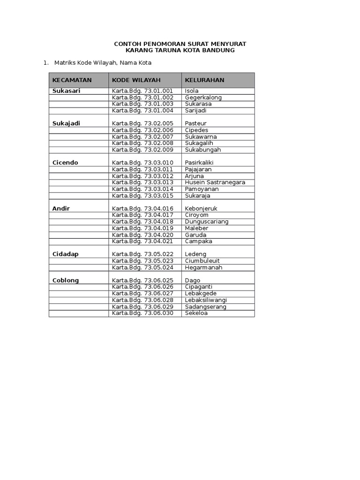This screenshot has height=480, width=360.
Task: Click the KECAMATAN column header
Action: [72, 80]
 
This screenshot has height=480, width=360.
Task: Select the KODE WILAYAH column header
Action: [136, 80]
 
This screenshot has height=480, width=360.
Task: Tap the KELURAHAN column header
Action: [204, 80]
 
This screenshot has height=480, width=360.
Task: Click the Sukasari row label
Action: [66, 91]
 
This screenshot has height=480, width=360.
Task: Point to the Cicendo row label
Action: [65, 163]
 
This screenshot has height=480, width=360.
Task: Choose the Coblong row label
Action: [66, 280]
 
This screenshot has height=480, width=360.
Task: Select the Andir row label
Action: [61, 209]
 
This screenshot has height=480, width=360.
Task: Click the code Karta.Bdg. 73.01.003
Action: [142, 104]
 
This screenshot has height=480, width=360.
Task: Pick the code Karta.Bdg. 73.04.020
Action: [142, 235]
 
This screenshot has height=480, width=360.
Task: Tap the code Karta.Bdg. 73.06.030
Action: [142, 313]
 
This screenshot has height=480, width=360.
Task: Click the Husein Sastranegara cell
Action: [215, 182]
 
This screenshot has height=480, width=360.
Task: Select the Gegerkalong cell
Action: [203, 97]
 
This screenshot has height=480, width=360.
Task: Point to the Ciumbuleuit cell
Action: [202, 261]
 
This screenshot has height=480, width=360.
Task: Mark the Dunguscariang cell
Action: [207, 222]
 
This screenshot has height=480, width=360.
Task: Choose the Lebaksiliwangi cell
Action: [206, 300]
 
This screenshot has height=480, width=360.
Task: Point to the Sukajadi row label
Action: [66, 123]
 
